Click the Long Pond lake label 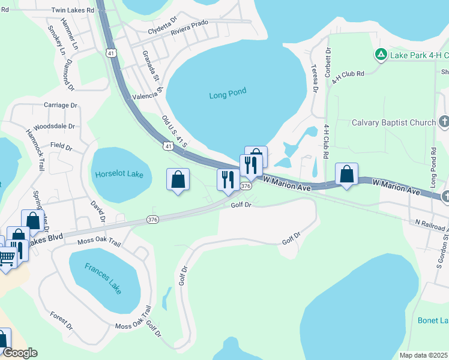tap(228, 94)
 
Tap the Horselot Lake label tap(119, 174)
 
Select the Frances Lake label tap(103, 278)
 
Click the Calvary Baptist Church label tap(393, 122)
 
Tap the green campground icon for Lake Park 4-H tap(380, 55)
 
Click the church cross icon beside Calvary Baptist tap(444, 122)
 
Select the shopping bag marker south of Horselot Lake tap(178, 179)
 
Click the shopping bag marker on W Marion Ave tap(346, 173)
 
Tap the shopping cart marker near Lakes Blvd tap(7, 259)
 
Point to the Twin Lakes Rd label tap(73, 10)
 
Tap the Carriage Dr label tap(61, 105)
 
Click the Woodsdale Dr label tap(54, 127)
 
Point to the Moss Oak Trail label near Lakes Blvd tap(99, 243)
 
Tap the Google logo tap(20, 353)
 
